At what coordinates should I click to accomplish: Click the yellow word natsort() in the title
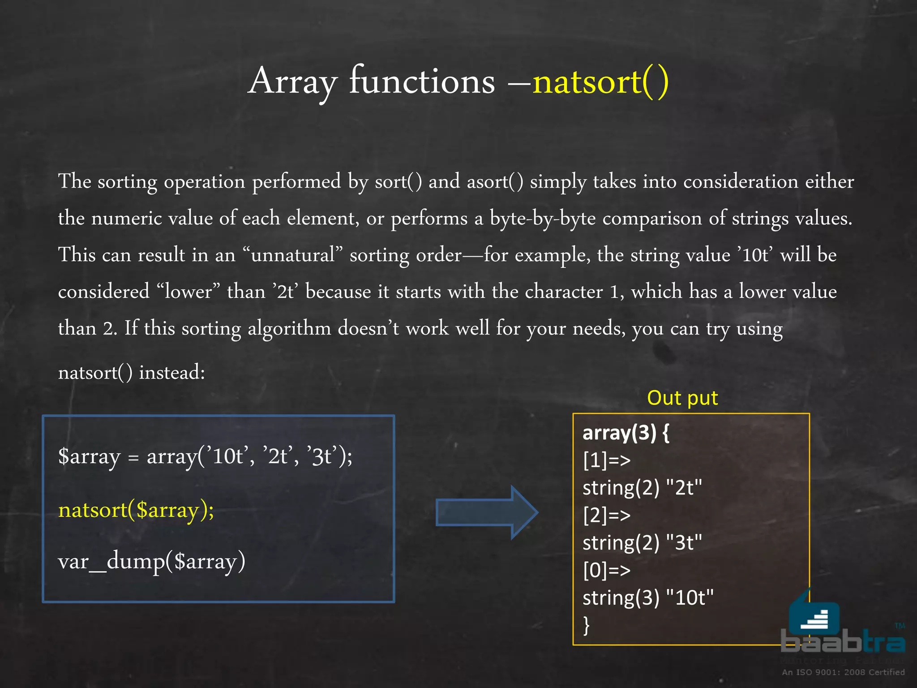[600, 82]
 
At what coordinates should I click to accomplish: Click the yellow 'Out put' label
[682, 398]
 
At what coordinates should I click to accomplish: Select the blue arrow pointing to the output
[486, 512]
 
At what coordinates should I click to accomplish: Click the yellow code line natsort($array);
[136, 510]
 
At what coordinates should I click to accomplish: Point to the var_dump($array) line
[152, 561]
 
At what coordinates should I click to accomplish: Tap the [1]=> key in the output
[606, 460]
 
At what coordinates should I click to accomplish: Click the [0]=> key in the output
[606, 570]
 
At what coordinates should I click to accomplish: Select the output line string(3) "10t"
[647, 598]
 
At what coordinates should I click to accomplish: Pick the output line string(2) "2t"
[642, 487]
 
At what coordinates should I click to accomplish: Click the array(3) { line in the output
[626, 433]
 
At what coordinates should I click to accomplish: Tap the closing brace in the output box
[587, 625]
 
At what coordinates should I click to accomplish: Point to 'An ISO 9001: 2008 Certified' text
[843, 672]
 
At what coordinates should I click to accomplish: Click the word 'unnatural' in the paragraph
[293, 255]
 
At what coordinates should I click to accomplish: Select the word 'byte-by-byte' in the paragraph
[542, 218]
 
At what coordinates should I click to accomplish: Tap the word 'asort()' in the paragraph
[495, 181]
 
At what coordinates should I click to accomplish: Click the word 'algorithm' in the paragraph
[289, 328]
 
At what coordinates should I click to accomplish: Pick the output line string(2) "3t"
[642, 543]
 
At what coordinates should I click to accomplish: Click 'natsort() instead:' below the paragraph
[132, 372]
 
